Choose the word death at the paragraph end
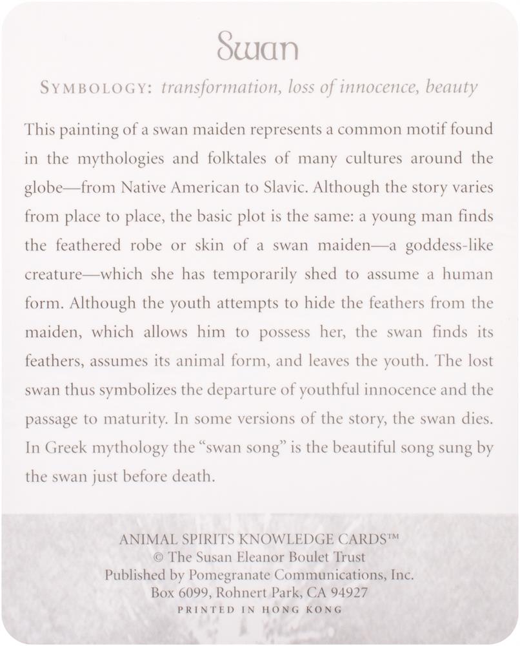[192, 478]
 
